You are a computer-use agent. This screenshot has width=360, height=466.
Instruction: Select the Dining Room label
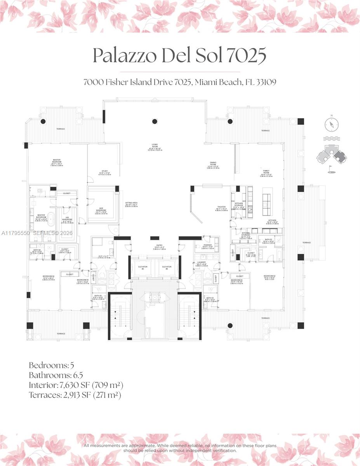212,165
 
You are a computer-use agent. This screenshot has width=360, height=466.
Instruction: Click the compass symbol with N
331,124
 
